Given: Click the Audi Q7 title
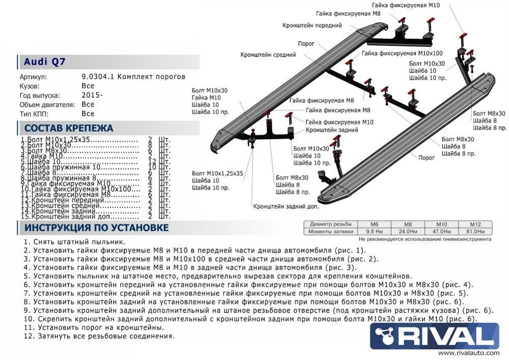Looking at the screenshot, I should pos(45,62).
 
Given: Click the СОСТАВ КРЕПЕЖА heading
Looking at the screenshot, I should pos(69,128).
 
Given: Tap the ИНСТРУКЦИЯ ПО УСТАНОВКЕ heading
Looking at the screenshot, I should pos(97,227).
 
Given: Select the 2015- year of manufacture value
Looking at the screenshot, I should pos(92,95).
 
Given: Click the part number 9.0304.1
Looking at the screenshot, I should pos(99,76).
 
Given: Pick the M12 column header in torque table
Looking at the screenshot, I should pos(475,225).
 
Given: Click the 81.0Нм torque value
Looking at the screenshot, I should pos(475,232).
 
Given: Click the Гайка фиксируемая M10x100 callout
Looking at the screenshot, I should pos(402,53).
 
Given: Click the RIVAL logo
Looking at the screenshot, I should pos(434,336).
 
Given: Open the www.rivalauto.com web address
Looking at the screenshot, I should pos(468,353).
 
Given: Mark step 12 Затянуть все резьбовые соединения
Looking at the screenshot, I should pos(99,336).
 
